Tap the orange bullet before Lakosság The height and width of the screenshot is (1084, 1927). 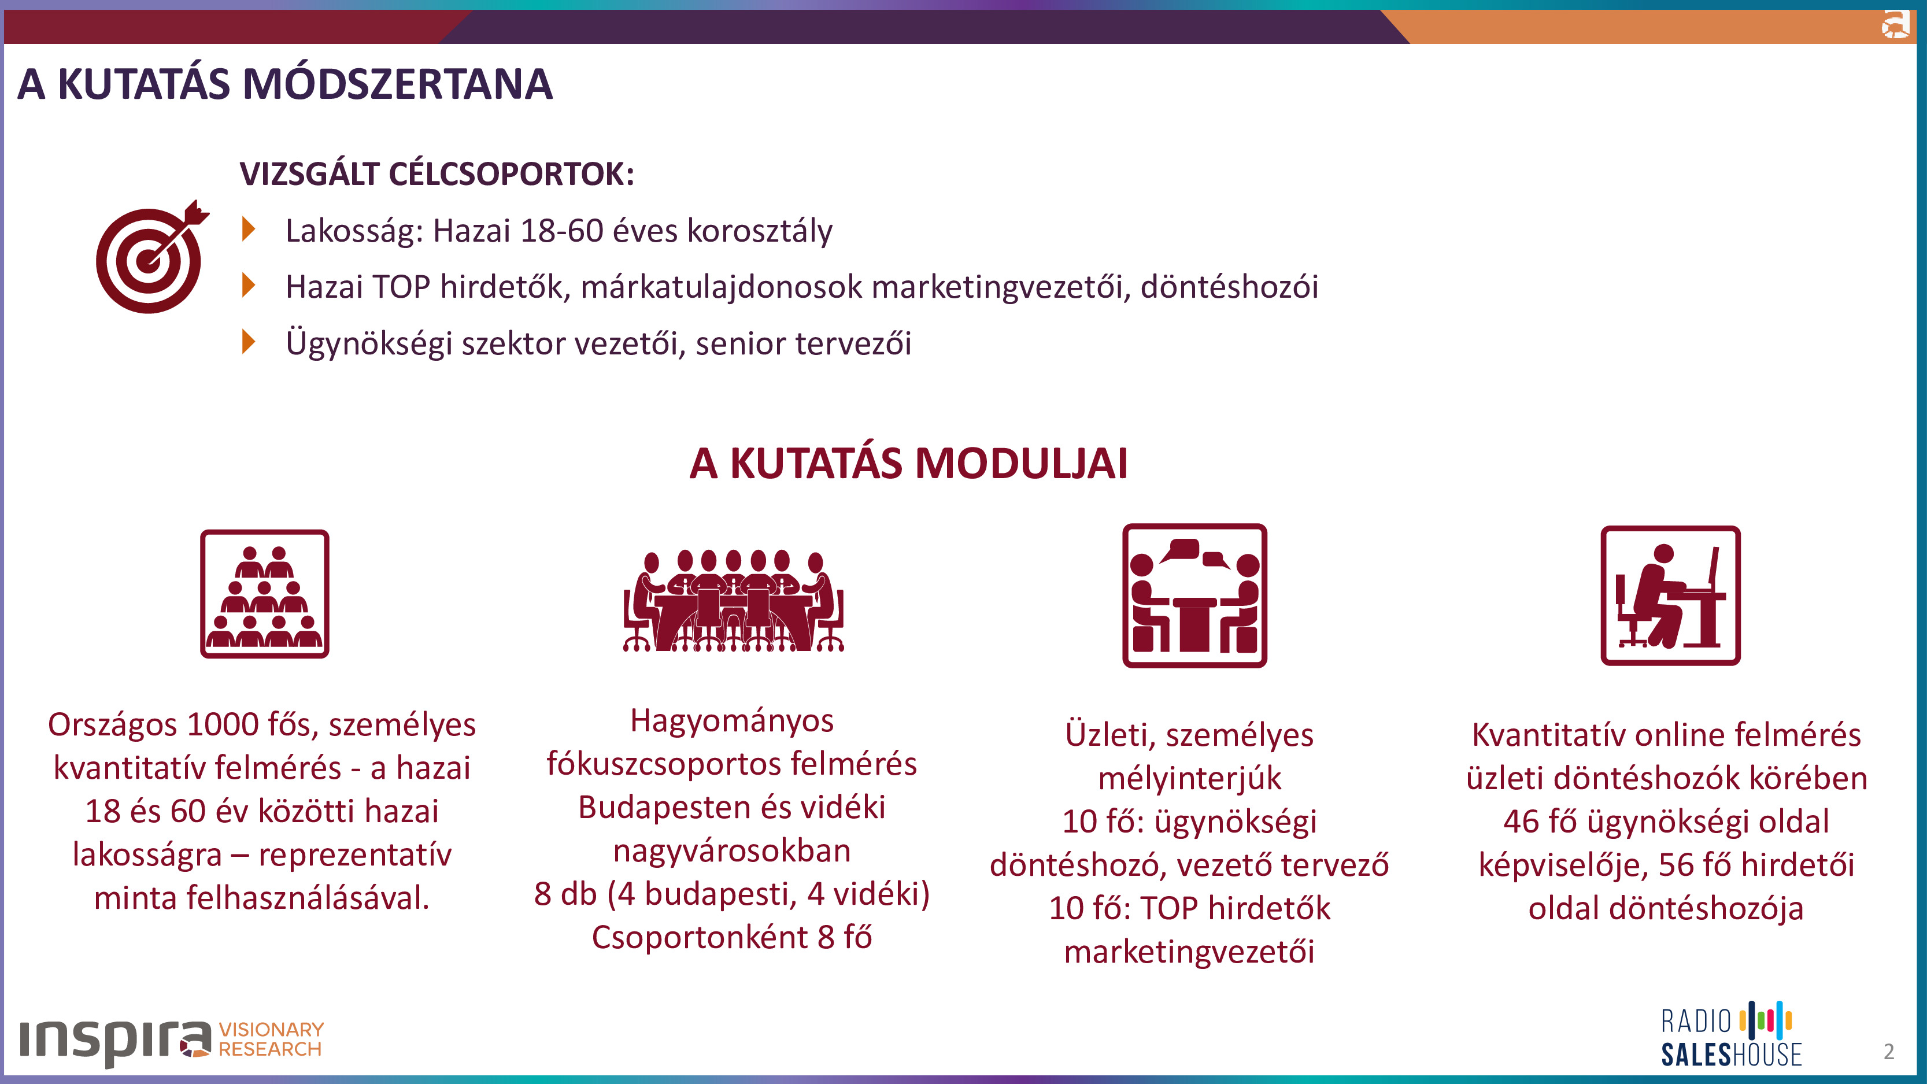[x=249, y=229]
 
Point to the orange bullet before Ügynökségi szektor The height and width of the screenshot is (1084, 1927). [x=249, y=341]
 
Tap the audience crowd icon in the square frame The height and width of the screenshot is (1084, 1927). [x=265, y=594]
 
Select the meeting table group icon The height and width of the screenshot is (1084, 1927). [x=734, y=601]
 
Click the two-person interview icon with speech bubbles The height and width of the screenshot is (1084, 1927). [x=1194, y=595]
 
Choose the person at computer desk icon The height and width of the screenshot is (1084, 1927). [x=1670, y=595]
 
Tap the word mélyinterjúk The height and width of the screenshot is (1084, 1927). [x=1189, y=779]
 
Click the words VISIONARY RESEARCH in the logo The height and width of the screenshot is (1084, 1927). [x=271, y=1039]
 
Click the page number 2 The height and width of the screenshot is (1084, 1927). [x=1889, y=1052]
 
